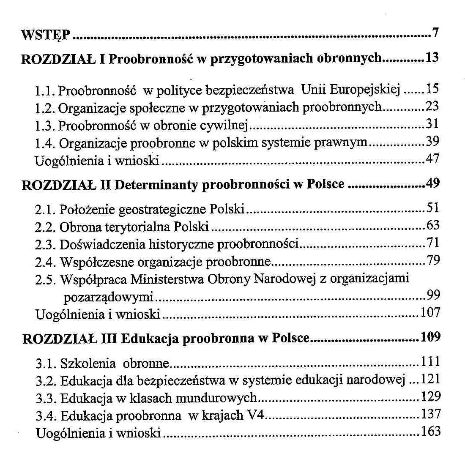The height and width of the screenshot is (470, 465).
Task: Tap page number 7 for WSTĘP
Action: coord(436,32)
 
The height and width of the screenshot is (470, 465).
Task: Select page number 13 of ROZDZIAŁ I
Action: coord(432,57)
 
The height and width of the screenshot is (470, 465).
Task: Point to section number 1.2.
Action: coord(44,108)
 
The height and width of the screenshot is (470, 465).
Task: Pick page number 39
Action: coord(432,141)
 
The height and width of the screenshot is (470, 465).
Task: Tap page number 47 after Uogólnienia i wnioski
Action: coord(432,159)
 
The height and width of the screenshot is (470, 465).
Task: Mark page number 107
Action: coord(430,313)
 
